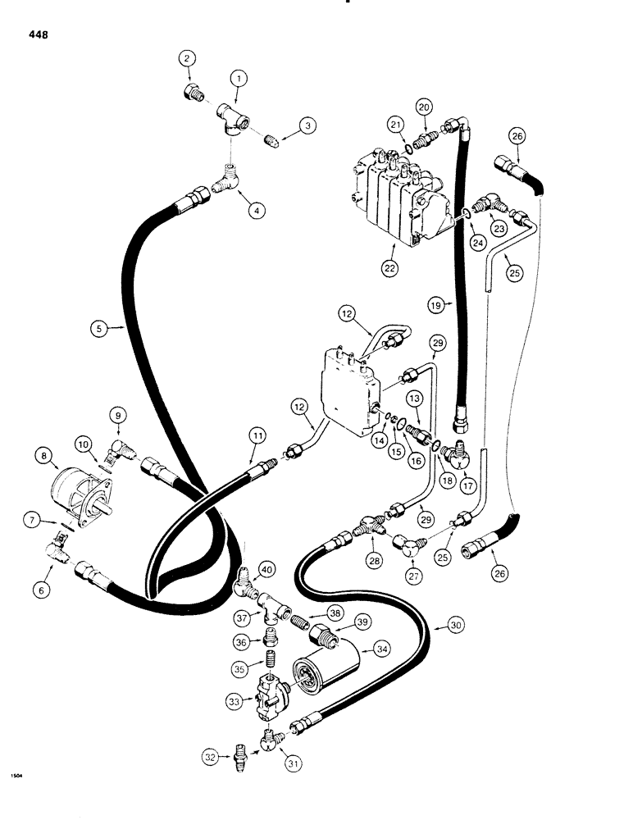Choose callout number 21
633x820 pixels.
coord(395,124)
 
